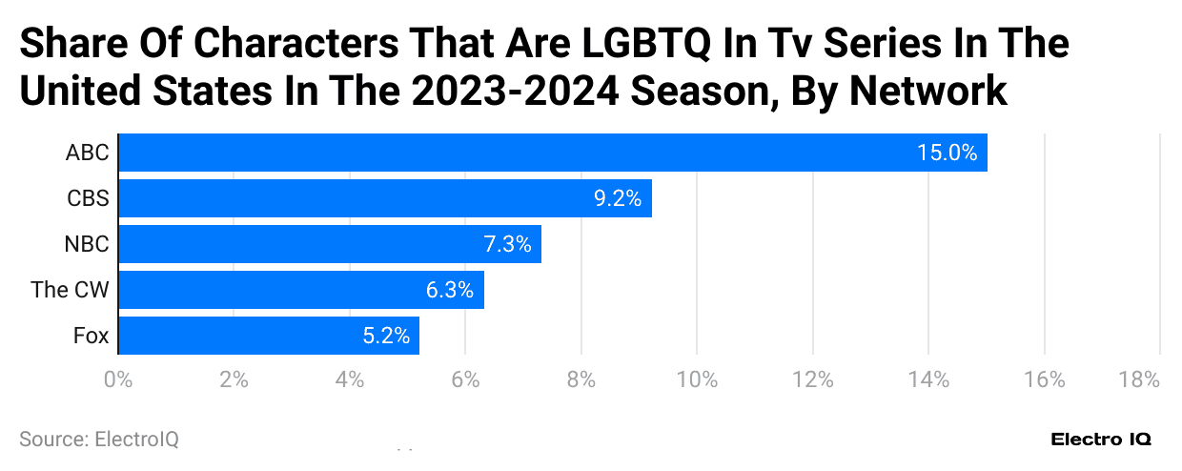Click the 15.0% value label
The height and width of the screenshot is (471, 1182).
coord(947,153)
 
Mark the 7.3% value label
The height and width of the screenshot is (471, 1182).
coord(506,244)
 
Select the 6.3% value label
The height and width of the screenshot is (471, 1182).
coord(449,290)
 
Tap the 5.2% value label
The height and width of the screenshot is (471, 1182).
coord(385,336)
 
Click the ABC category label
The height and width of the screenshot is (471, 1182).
coord(88,153)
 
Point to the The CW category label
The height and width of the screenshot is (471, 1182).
coord(71,290)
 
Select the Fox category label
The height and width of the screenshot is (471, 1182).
coord(92,336)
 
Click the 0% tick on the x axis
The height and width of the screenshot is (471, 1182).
coord(117,379)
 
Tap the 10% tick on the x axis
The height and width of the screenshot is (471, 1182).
coord(697,379)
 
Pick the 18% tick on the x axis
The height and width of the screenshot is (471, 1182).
coord(1139,379)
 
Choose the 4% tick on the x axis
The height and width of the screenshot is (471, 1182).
coord(350,379)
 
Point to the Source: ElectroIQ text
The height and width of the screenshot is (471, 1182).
coord(99,439)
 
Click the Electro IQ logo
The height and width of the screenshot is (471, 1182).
coord(1101,440)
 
